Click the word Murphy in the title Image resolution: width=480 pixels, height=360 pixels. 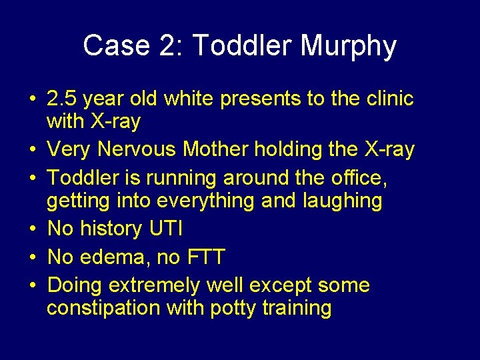pos(349,47)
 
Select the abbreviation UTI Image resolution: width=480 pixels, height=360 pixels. pos(165,229)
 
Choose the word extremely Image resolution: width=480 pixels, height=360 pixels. pos(155,285)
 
